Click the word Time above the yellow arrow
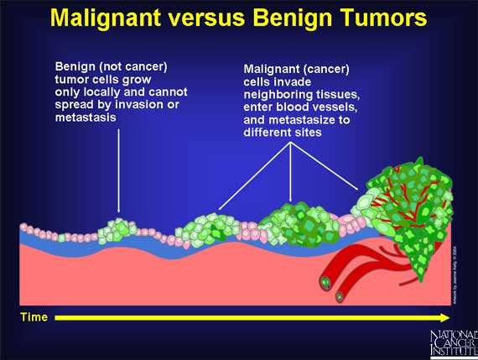tap(34, 317)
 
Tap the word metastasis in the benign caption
tap(85, 118)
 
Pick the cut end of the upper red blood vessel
tap(325, 283)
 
